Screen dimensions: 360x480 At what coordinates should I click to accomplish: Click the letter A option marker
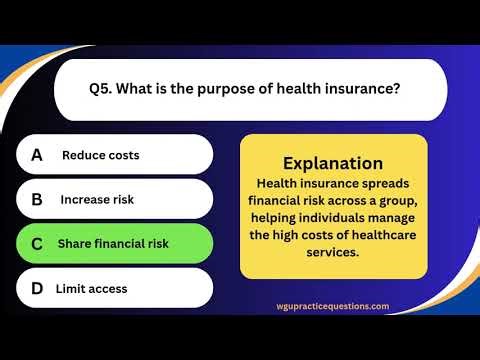(37, 155)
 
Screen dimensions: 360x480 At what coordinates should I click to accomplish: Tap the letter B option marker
(37, 199)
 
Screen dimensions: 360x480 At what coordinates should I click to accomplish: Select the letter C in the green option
(37, 243)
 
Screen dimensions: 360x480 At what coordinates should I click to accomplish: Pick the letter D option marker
(37, 288)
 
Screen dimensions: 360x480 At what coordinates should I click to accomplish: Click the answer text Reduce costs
(100, 155)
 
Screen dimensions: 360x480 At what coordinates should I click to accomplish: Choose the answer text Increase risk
(97, 199)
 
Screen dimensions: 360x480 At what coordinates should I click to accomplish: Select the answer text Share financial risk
(113, 243)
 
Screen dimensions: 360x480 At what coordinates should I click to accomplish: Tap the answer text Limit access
(91, 288)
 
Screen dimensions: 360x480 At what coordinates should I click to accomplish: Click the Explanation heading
(333, 163)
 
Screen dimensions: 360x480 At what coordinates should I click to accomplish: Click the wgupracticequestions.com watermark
(333, 307)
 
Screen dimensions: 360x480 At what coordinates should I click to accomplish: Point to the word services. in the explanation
(333, 252)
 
